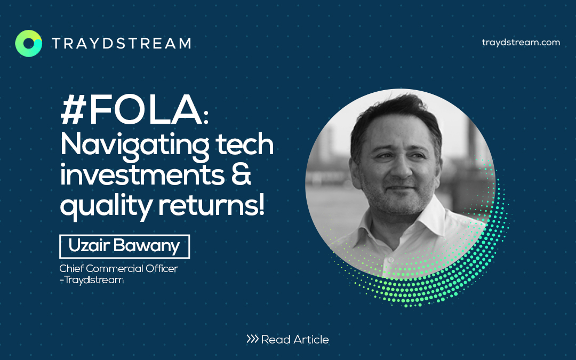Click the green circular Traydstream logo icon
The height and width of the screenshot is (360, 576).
tap(29, 43)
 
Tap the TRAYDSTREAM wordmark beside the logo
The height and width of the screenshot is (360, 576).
tap(122, 43)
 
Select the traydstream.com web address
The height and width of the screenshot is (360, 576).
tap(521, 42)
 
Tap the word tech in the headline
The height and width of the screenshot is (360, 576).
tap(245, 144)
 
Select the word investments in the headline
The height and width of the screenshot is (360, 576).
tap(142, 175)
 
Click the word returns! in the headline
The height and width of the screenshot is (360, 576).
tap(211, 205)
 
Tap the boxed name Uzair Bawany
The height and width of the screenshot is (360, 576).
tap(124, 246)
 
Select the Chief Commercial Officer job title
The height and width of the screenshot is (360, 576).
tap(118, 268)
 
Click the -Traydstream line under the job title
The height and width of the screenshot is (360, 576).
tap(92, 280)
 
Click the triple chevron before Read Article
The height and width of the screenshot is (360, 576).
tap(252, 339)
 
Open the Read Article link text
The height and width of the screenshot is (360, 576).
tap(295, 339)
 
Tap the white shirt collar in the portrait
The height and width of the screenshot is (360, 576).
tap(404, 228)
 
